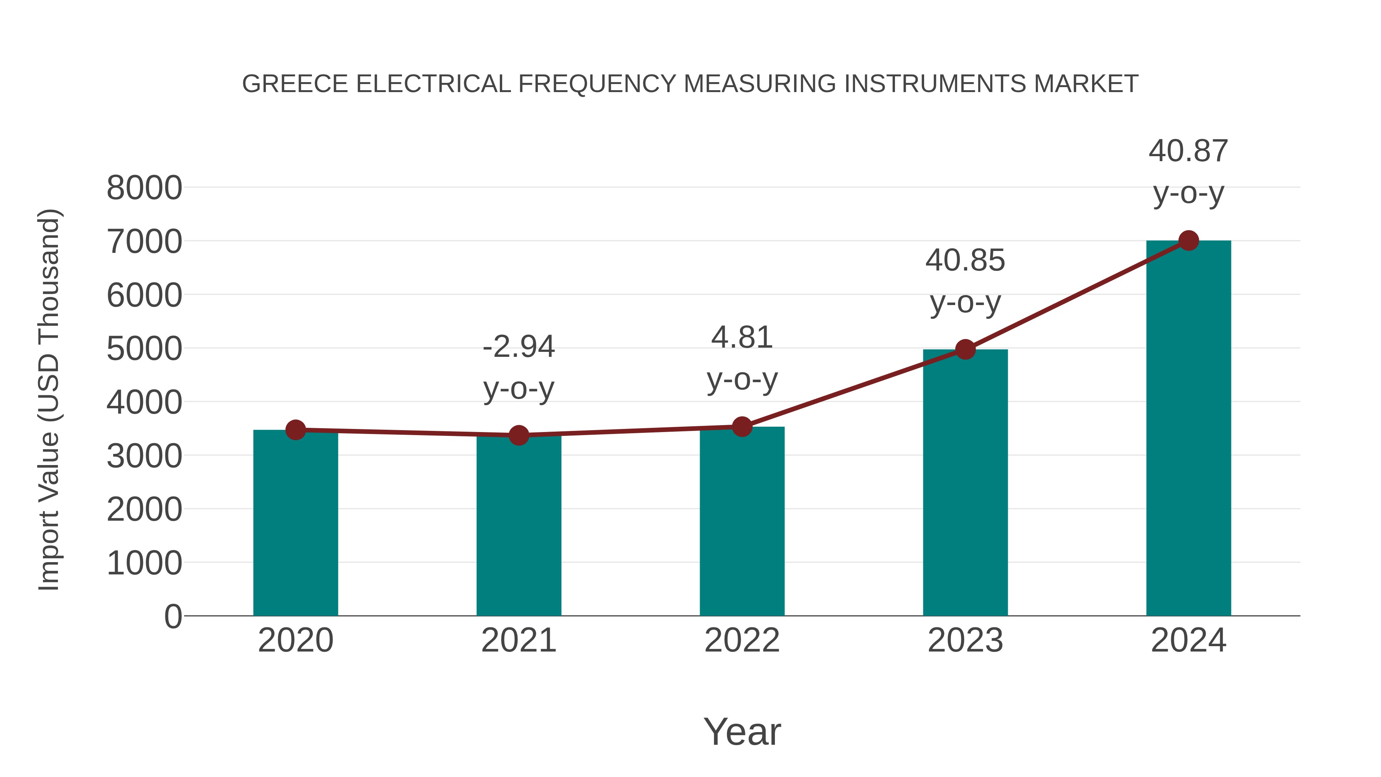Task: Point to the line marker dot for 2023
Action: pyautogui.click(x=965, y=350)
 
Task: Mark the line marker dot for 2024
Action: pyautogui.click(x=1188, y=241)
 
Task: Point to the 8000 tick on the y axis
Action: pyautogui.click(x=144, y=188)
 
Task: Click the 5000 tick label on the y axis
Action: pyautogui.click(x=144, y=349)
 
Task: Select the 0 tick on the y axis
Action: pyautogui.click(x=173, y=616)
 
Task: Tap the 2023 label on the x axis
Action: pyautogui.click(x=965, y=640)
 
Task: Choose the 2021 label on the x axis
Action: pyautogui.click(x=518, y=640)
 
